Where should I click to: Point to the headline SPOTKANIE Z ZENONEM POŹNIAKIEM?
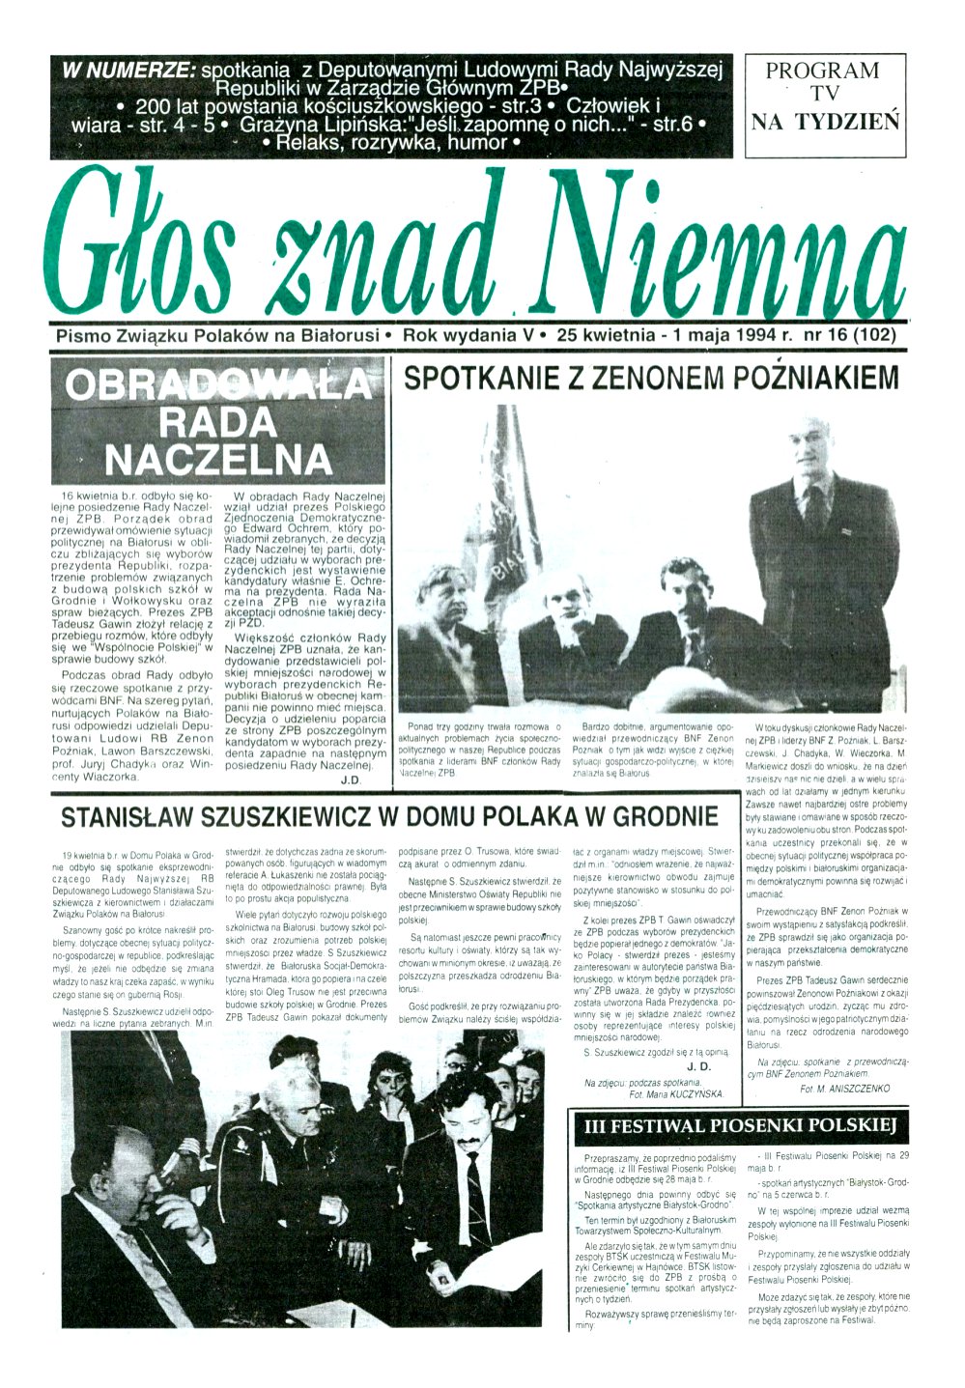point(650,377)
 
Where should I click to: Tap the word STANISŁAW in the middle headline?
point(132,817)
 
